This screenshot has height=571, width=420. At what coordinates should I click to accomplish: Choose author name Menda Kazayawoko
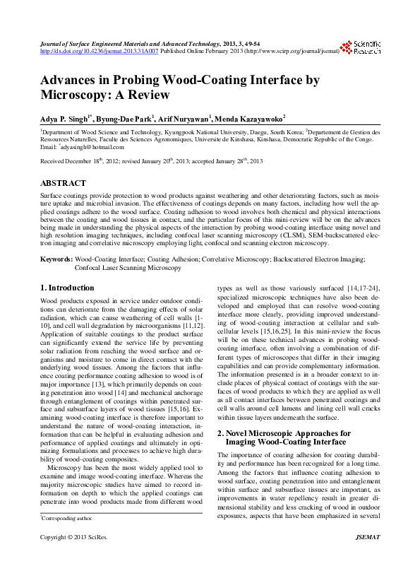tap(251, 118)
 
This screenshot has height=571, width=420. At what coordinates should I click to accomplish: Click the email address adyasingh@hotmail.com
tap(92, 147)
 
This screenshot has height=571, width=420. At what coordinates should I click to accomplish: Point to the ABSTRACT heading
tap(64, 183)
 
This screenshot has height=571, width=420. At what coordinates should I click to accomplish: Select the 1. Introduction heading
tap(67, 288)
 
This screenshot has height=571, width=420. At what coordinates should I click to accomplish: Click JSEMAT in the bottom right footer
tap(367, 557)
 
